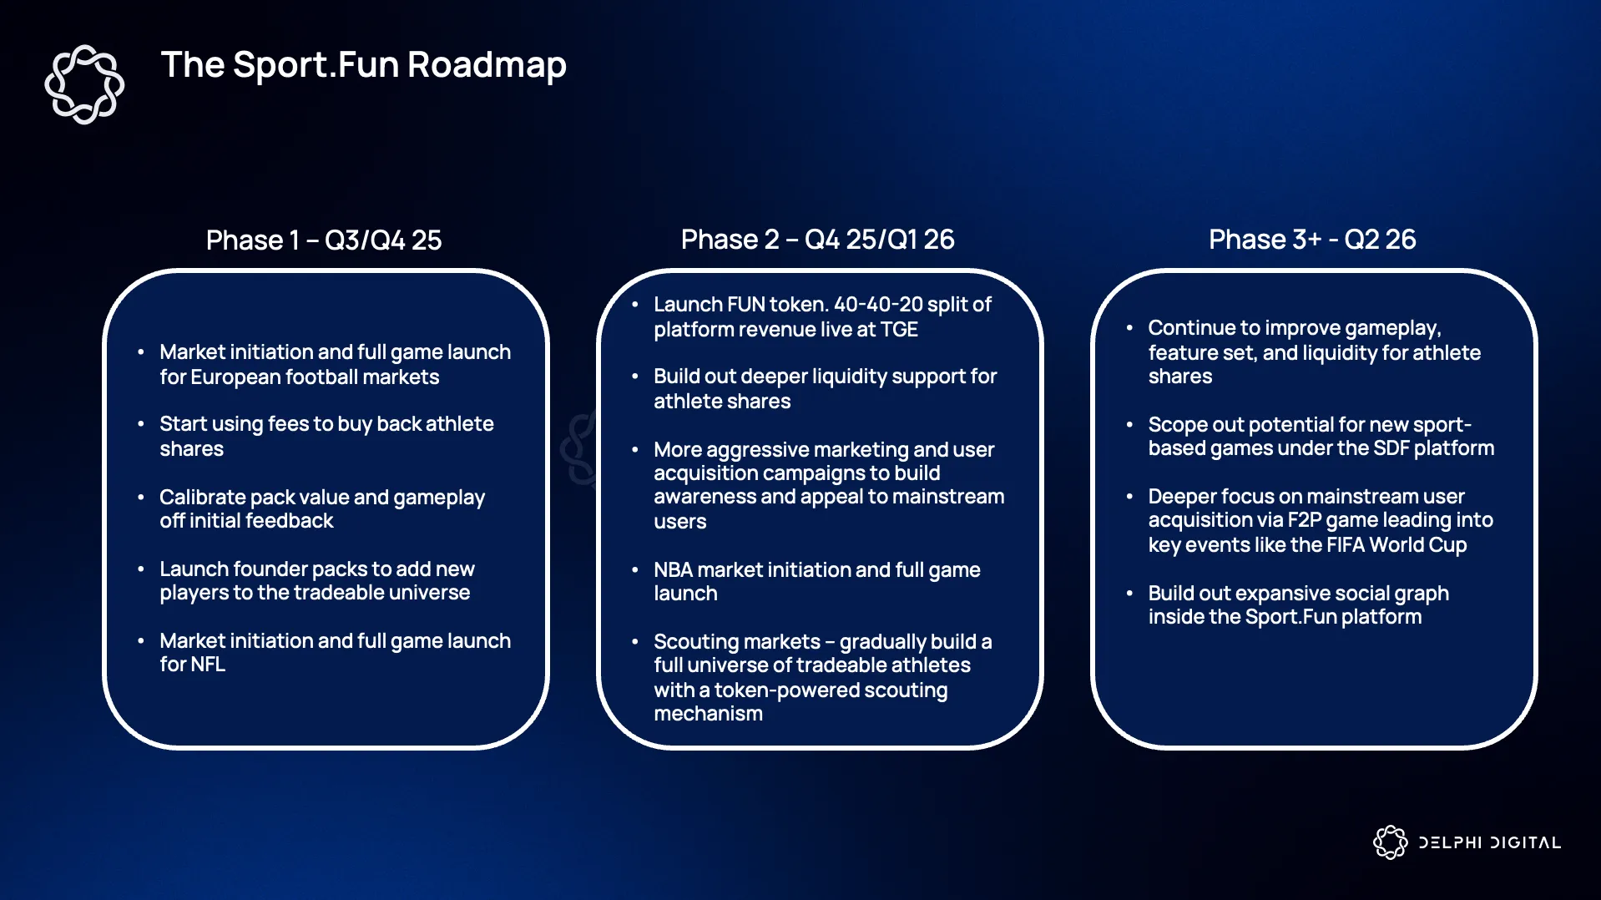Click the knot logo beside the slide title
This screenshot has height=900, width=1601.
(84, 84)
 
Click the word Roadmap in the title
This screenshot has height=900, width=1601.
(487, 65)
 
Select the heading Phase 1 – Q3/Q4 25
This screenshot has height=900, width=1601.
(324, 240)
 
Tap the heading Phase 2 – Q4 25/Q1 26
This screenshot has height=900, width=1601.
(817, 240)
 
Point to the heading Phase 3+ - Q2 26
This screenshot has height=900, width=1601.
(1312, 240)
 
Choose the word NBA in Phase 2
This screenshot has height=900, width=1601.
(674, 570)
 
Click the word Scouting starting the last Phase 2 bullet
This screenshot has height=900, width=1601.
(695, 642)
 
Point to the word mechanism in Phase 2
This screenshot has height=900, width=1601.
(709, 714)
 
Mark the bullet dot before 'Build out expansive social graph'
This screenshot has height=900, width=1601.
(1129, 594)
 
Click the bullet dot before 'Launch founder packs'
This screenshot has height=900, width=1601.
(141, 569)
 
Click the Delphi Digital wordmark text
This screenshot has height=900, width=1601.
(1489, 842)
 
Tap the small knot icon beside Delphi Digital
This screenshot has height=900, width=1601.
(1390, 842)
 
